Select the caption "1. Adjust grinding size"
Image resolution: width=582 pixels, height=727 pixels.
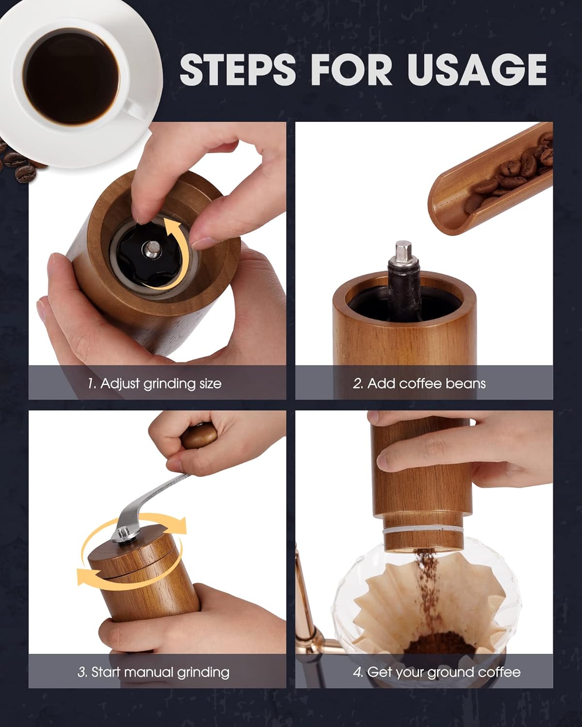click(154, 383)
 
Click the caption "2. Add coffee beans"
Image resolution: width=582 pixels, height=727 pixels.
click(419, 383)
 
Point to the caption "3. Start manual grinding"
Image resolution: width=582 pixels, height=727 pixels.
click(153, 672)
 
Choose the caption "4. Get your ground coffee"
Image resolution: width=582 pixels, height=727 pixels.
click(436, 672)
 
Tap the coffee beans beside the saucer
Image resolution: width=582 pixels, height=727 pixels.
click(19, 165)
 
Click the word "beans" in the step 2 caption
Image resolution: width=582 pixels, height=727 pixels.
click(465, 383)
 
